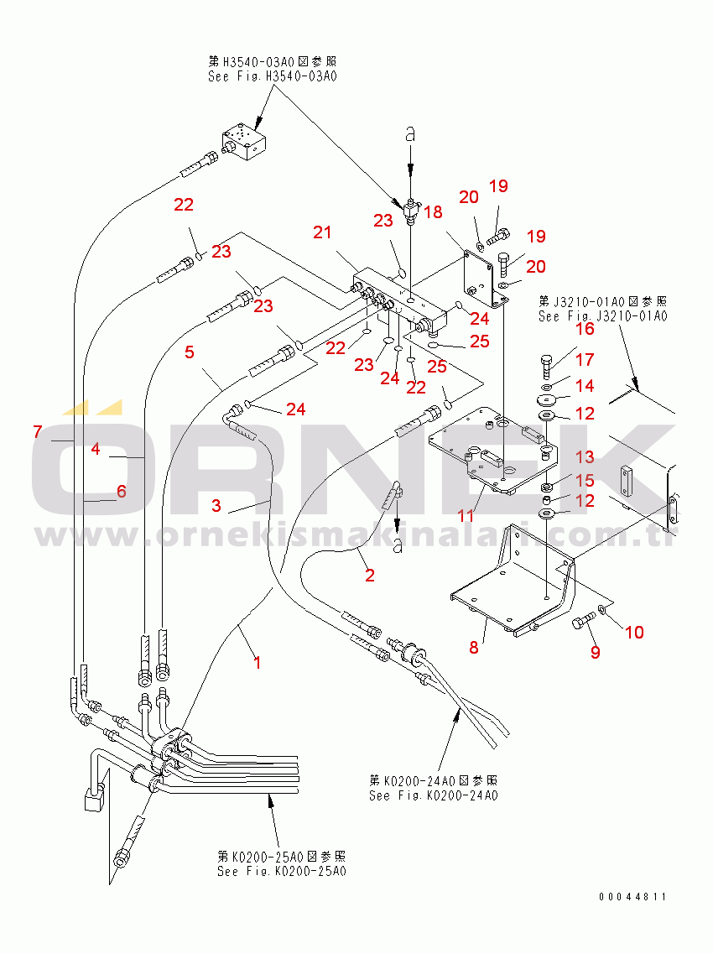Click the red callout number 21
point(323,232)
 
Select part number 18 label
point(433,212)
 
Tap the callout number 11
point(466,514)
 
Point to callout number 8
point(474,647)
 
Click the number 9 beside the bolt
point(595,651)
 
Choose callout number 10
point(634,632)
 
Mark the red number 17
point(584,360)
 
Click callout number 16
point(584,329)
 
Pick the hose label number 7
point(38,432)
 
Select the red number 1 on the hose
point(258,662)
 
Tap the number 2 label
point(369,575)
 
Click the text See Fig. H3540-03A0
point(272,76)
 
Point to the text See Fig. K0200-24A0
point(433,795)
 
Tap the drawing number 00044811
point(632,897)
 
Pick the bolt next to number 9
point(582,623)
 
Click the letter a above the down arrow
point(410,133)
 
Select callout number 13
point(584,457)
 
